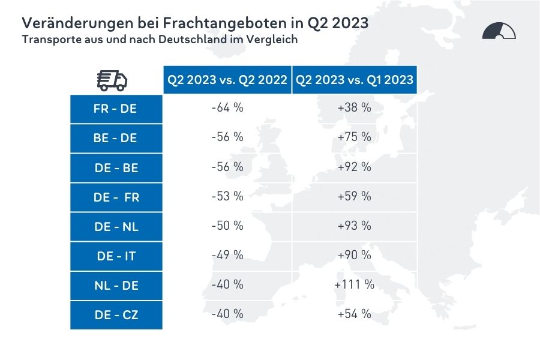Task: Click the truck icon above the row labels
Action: pyautogui.click(x=112, y=80)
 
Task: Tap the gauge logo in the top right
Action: pyautogui.click(x=499, y=31)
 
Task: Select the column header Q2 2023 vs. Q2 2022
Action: pyautogui.click(x=227, y=80)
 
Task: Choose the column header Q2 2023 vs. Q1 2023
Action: pyautogui.click(x=355, y=80)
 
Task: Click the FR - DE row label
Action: pyautogui.click(x=116, y=109)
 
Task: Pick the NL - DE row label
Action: pyautogui.click(x=116, y=286)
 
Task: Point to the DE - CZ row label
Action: pyautogui.click(x=116, y=314)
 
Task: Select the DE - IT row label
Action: pyautogui.click(x=116, y=256)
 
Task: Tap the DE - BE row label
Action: pyautogui.click(x=116, y=168)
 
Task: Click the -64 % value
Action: pyautogui.click(x=227, y=108)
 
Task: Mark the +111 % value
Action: pyautogui.click(x=355, y=284)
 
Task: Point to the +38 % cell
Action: pyautogui.click(x=355, y=108)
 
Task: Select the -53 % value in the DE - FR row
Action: pyautogui.click(x=227, y=196)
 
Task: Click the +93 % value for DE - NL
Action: pyautogui.click(x=355, y=226)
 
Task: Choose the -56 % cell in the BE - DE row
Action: pyautogui.click(x=227, y=137)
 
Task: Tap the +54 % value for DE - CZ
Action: pyautogui.click(x=355, y=314)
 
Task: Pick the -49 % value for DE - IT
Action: pyautogui.click(x=227, y=255)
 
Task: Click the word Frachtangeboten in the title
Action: pyautogui.click(x=190, y=24)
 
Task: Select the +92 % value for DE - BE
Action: pyautogui.click(x=355, y=167)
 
